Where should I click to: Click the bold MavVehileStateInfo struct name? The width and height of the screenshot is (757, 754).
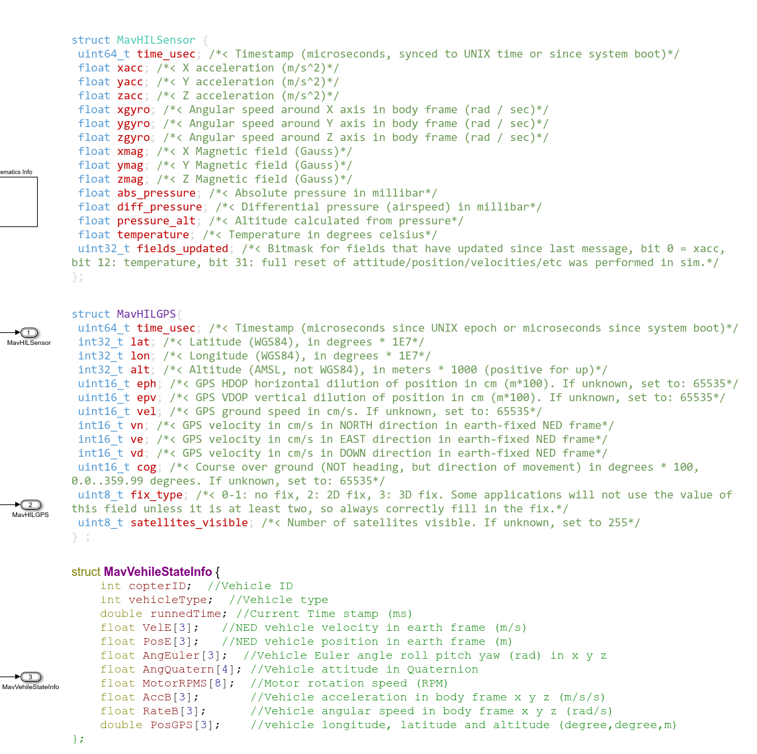click(x=157, y=572)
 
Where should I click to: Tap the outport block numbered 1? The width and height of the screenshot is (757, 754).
click(x=30, y=333)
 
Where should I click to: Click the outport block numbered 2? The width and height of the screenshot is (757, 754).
click(x=30, y=505)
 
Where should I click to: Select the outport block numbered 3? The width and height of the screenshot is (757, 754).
click(x=30, y=677)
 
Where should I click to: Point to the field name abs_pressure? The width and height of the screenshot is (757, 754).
click(x=156, y=193)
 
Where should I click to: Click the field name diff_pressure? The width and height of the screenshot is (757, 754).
click(x=159, y=207)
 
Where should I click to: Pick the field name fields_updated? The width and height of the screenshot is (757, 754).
click(x=182, y=249)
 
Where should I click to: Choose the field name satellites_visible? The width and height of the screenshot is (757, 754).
click(x=189, y=523)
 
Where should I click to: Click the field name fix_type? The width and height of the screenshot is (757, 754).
click(x=156, y=495)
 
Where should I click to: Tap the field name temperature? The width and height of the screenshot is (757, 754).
click(x=153, y=235)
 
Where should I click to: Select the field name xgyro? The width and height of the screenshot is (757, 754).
click(x=133, y=110)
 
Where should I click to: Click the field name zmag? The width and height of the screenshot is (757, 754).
click(x=130, y=179)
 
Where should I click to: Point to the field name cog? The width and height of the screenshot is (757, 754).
click(x=146, y=467)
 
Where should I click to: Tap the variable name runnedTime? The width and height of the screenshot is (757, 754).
click(x=186, y=614)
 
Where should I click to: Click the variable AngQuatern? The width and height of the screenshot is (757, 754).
click(x=178, y=669)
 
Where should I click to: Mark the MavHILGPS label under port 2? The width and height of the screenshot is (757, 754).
click(x=30, y=515)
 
